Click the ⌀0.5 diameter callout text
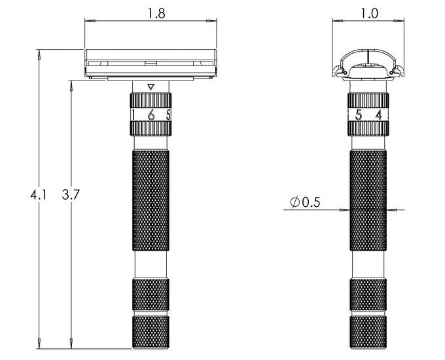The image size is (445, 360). [x=307, y=203]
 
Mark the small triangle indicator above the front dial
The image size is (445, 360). [x=151, y=86]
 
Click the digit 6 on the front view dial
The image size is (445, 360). [x=151, y=115]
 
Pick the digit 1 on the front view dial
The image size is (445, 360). [x=133, y=115]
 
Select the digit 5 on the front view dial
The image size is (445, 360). [x=168, y=115]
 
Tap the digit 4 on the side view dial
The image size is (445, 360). [x=379, y=115]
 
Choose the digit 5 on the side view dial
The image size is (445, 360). [x=358, y=115]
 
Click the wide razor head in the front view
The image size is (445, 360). [x=151, y=64]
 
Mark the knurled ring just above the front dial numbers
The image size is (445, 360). [x=151, y=100]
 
